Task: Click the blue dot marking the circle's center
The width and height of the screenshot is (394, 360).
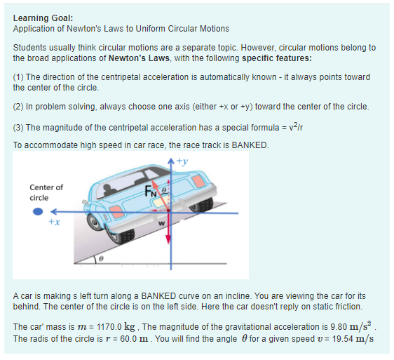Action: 41,210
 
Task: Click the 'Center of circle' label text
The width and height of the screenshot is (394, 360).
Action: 46,192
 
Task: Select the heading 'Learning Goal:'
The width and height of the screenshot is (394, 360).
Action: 43,18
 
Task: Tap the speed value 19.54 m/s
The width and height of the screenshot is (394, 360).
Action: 347,338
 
